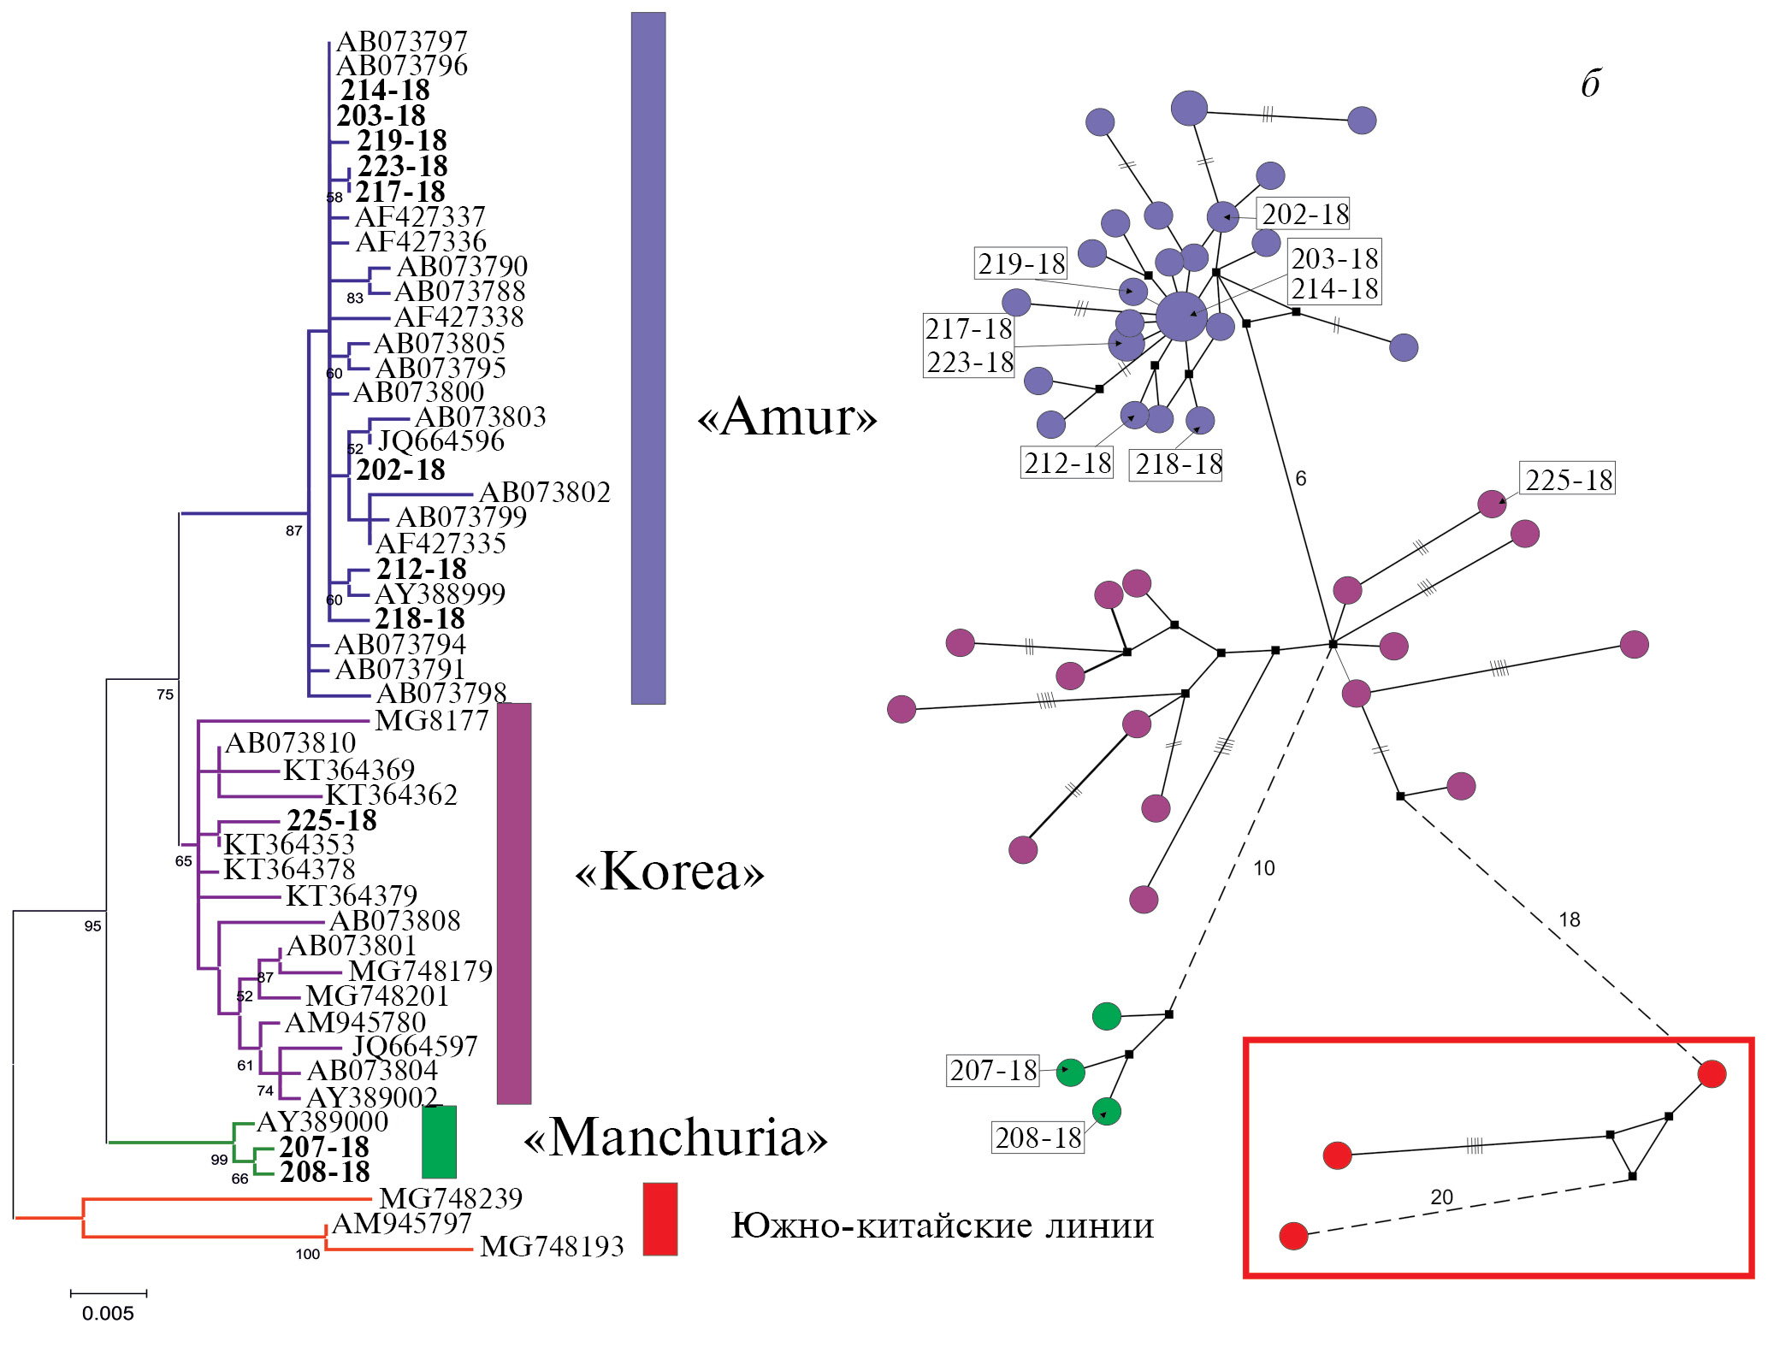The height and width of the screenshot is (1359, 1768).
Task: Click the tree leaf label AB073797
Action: (402, 41)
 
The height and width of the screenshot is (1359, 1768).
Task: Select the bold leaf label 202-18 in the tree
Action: (400, 470)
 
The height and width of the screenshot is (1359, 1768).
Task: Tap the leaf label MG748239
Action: (451, 1198)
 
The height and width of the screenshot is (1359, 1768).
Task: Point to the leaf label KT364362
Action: (392, 795)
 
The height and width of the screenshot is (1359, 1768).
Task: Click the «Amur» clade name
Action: (788, 417)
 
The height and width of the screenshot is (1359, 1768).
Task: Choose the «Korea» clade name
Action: (670, 872)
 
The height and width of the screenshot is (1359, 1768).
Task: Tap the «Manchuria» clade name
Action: (676, 1138)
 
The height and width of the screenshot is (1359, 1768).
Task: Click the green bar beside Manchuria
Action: (439, 1142)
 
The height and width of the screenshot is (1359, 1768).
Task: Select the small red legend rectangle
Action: (659, 1219)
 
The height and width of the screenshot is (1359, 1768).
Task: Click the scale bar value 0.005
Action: (108, 1314)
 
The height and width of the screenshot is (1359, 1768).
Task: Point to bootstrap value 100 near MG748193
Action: (307, 1255)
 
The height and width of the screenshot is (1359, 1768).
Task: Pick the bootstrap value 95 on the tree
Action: (92, 926)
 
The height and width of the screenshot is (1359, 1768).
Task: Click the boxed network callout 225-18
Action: (1569, 480)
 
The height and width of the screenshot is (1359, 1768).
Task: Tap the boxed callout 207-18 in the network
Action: (993, 1070)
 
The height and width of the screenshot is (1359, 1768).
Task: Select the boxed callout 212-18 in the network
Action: (1067, 463)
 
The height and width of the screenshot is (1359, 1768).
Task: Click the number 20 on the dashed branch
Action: (1441, 1197)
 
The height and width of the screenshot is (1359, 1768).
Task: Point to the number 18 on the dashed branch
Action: (1569, 919)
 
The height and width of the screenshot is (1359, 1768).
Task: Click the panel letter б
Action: (1590, 84)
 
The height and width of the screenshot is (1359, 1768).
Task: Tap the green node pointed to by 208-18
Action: (1107, 1112)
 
